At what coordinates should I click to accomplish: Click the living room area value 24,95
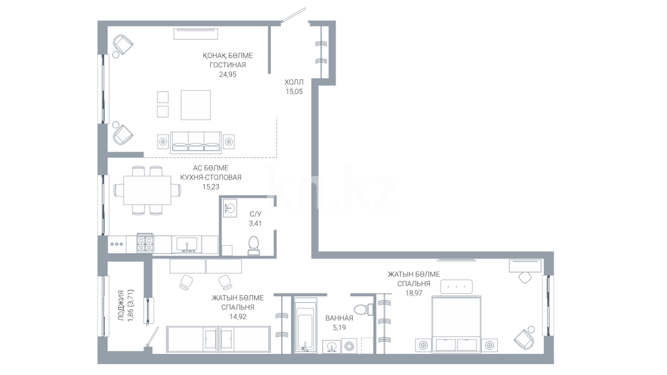click(x=228, y=74)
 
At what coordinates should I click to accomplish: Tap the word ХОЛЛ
click(x=294, y=82)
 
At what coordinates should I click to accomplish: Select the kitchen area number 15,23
click(x=211, y=187)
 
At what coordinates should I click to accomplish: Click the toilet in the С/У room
click(x=254, y=246)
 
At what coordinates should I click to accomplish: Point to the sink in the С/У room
click(x=229, y=208)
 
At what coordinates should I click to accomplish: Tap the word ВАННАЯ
click(x=339, y=318)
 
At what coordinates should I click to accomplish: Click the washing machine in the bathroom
click(x=349, y=346)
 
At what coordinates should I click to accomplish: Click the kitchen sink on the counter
click(x=187, y=244)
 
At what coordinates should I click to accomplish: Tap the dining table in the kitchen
click(x=147, y=190)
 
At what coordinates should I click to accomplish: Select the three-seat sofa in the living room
click(x=196, y=143)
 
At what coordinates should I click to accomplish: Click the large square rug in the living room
click(x=196, y=105)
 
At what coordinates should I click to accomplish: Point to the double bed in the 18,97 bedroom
click(x=456, y=325)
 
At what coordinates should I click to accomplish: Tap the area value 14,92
click(x=238, y=317)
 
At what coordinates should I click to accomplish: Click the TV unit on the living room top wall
click(x=196, y=34)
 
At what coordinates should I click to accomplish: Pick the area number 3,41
click(x=255, y=224)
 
